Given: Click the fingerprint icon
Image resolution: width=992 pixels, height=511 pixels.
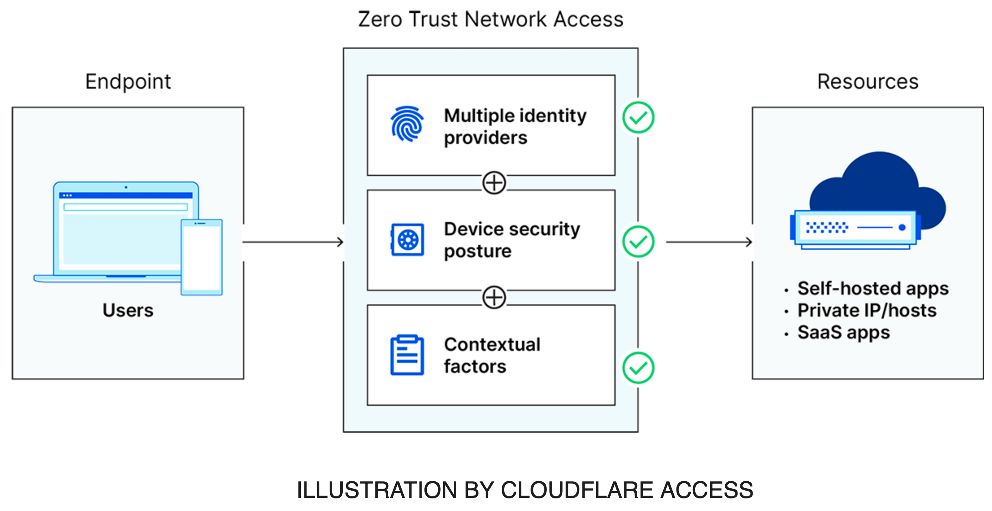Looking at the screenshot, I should pos(407,124).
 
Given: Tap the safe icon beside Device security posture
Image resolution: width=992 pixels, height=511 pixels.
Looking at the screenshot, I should pos(407,240).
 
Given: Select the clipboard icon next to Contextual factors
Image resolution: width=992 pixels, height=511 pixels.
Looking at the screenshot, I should pos(407,355).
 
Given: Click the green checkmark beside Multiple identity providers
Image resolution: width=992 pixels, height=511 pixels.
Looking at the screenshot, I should pos(638,118).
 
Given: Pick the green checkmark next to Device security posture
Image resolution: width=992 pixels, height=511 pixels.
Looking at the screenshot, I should pos(638,242).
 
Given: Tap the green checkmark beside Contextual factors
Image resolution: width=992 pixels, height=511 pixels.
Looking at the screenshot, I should pos(638,368).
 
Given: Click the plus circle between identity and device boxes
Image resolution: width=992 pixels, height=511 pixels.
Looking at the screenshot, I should pos(494,183).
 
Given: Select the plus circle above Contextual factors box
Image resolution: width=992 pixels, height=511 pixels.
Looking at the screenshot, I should pos(494,297).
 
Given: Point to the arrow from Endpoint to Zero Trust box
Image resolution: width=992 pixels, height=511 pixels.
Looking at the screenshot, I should pos(293,242).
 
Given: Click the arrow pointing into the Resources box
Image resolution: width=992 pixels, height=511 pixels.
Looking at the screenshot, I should pos(709,242).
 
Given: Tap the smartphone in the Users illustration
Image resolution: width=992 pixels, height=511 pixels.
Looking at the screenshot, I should pos(202,257).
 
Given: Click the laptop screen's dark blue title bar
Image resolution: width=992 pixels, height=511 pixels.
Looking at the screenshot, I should pos(126,196).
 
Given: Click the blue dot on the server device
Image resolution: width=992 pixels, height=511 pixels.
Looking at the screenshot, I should pos(902,227).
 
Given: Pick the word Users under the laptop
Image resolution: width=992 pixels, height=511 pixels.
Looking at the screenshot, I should pos(128,310).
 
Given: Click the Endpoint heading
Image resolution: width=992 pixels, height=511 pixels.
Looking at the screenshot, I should pos(128,82).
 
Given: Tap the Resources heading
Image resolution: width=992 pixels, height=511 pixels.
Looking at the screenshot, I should pos(868,82).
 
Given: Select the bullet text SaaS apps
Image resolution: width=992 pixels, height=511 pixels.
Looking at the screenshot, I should pos(844,332).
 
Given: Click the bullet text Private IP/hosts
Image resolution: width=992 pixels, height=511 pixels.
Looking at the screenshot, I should pos(867,310).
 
